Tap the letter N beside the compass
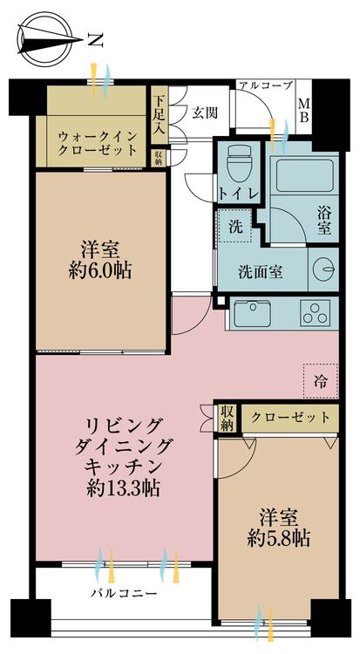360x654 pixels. tap(96, 40)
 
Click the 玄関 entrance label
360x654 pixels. tap(205, 112)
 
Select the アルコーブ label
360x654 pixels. tap(264, 86)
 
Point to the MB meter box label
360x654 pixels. tap(304, 111)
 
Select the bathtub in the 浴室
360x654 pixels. tap(304, 175)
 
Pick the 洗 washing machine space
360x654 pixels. tap(235, 226)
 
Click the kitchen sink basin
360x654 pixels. tap(253, 313)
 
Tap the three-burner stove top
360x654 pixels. tap(316, 313)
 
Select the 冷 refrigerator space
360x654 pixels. tap(321, 381)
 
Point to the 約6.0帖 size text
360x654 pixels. tap(100, 272)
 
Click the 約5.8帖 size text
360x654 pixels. tap(278, 540)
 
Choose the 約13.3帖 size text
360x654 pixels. tap(124, 488)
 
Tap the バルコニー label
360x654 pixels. tap(124, 593)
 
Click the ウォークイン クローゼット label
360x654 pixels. tap(98, 143)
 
